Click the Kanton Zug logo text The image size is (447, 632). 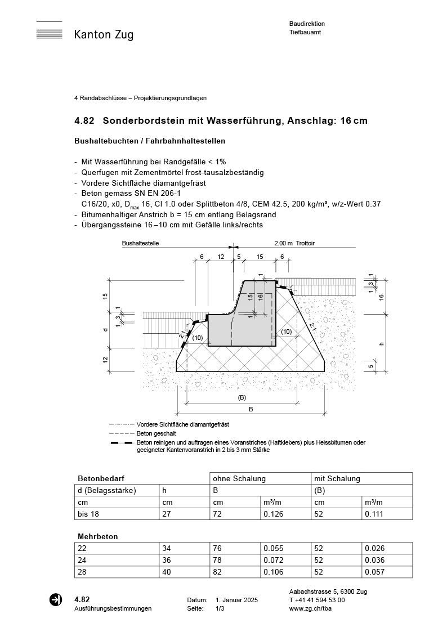click(x=104, y=35)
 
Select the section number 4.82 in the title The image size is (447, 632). click(x=84, y=121)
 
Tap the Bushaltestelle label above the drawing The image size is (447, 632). click(x=140, y=244)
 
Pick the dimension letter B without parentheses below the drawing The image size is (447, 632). click(x=251, y=409)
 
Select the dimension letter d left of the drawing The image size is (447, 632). click(x=105, y=329)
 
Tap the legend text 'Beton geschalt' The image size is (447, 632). click(x=156, y=434)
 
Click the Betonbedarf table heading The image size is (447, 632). click(x=97, y=479)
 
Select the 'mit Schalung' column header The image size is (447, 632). click(x=337, y=479)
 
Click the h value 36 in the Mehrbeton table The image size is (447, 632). click(x=167, y=560)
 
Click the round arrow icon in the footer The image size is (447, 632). click(x=56, y=600)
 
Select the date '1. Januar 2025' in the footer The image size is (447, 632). click(x=236, y=600)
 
